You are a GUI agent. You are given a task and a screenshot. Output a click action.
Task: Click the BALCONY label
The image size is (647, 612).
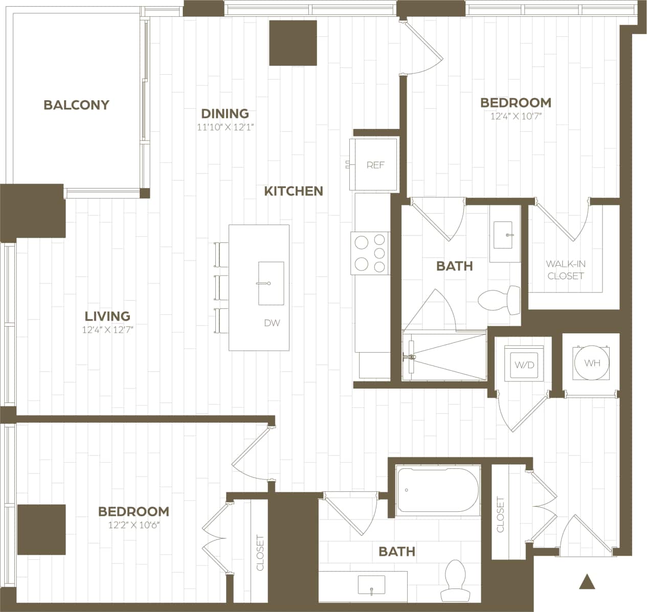tap(76, 105)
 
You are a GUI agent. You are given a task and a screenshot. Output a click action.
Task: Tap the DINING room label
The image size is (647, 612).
tap(225, 114)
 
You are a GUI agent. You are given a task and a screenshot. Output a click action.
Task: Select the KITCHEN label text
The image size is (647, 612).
tap(294, 191)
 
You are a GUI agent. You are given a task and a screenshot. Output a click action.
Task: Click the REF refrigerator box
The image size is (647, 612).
tap(375, 165)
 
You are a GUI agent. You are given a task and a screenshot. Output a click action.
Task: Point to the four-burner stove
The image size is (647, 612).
tap(370, 253)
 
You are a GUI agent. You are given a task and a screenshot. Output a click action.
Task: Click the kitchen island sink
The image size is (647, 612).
tap(271, 283)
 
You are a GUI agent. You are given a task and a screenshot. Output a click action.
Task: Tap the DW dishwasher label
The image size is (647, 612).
tap(272, 323)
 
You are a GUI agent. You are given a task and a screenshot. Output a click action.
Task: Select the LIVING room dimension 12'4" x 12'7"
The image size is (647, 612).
tap(107, 330)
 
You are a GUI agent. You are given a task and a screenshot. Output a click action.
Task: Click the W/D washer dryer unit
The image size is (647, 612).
tap(524, 365)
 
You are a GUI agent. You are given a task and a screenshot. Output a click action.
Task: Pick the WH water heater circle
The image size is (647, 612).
tap(592, 364)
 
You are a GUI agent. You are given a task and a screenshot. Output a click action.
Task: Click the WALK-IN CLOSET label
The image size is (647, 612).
tap(565, 269)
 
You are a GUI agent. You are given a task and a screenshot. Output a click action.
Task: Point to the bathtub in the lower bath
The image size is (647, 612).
tap(438, 491)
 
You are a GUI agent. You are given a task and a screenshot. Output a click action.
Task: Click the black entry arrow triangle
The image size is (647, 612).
tap(588, 581)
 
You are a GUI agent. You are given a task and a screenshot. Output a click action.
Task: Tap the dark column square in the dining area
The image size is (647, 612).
tap(293, 43)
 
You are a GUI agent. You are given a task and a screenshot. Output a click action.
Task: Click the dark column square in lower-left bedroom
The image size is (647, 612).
tap(41, 530)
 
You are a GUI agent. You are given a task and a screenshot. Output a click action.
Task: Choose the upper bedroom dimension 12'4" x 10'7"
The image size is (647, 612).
tap(516, 117)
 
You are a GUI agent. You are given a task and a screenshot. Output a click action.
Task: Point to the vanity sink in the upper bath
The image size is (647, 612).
tap(506, 234)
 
